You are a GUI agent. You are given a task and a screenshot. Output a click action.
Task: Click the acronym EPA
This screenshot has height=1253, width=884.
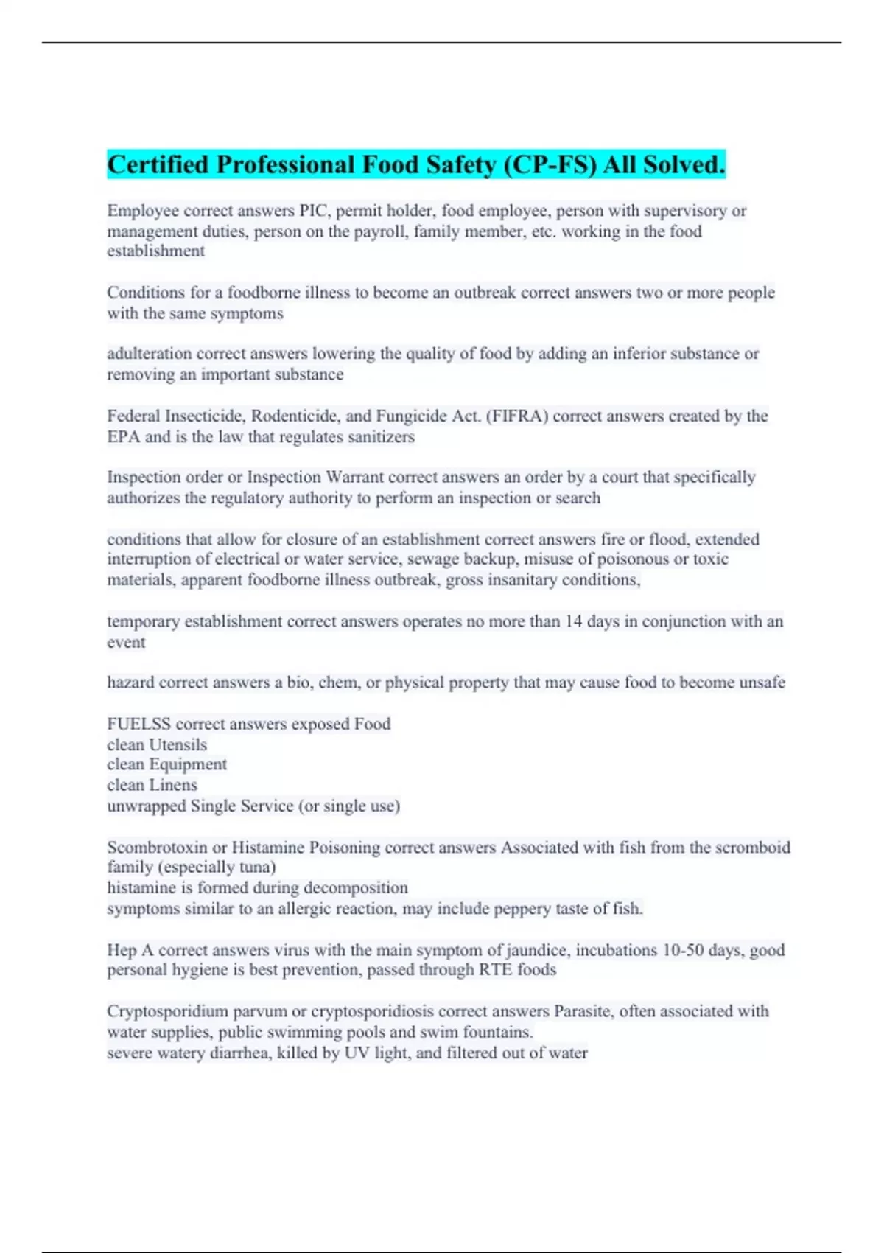click(x=123, y=437)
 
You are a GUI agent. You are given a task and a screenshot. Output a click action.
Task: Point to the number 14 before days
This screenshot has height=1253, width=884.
click(x=574, y=621)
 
